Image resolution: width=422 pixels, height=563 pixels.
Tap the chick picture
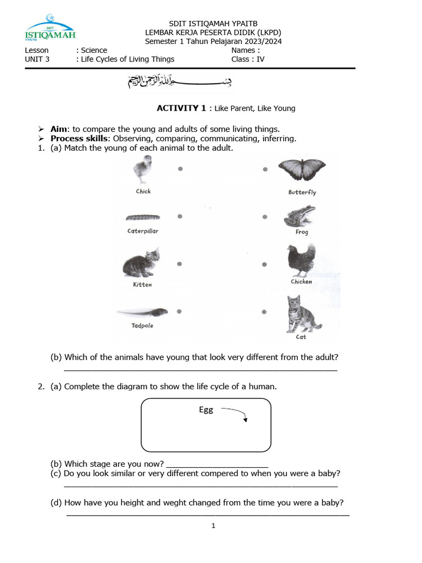(x=143, y=169)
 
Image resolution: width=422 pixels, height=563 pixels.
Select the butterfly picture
(x=302, y=170)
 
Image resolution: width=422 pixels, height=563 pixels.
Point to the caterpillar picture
(x=142, y=218)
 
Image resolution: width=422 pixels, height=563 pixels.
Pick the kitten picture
(x=142, y=262)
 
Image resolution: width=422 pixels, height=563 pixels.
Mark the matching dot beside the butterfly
(x=265, y=169)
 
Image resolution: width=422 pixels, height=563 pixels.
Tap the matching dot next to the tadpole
(x=180, y=312)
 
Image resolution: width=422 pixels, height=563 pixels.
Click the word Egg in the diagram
(x=206, y=410)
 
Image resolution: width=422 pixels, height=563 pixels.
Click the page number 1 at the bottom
(x=214, y=526)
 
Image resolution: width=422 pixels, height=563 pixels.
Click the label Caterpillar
(x=143, y=231)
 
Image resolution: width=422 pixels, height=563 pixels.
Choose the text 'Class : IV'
(x=248, y=59)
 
